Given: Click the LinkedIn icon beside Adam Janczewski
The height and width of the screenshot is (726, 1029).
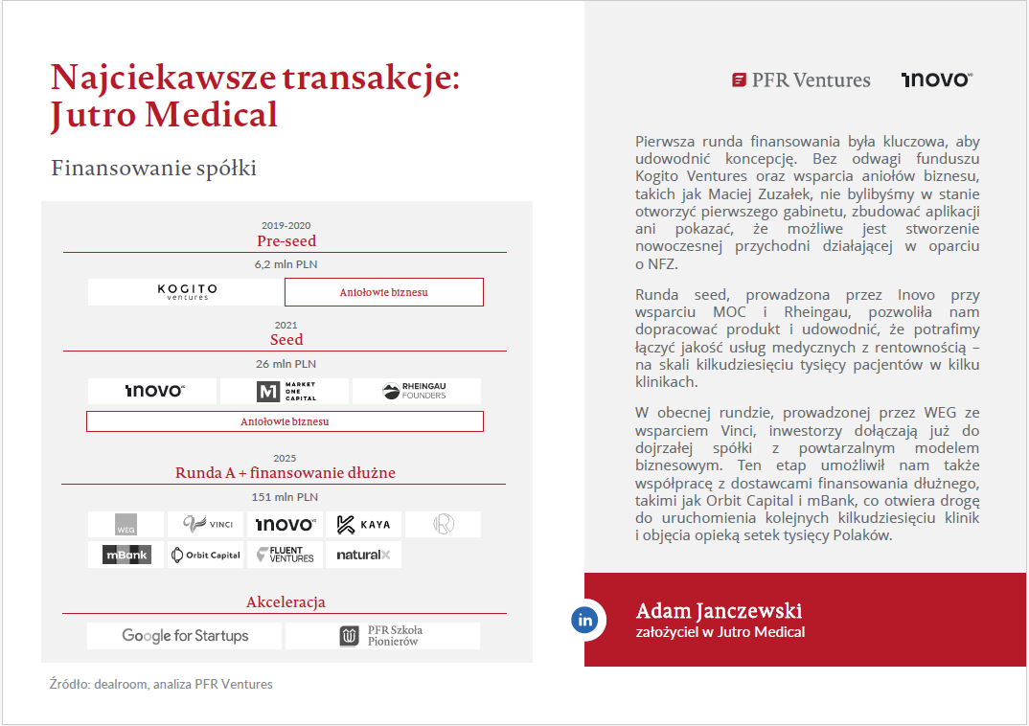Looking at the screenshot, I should pyautogui.click(x=585, y=620).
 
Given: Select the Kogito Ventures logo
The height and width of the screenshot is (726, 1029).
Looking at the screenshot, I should pyautogui.click(x=186, y=292).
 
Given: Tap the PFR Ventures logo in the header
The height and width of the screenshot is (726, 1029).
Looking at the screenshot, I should pyautogui.click(x=801, y=80).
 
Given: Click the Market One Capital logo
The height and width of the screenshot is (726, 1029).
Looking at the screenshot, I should pyautogui.click(x=286, y=391).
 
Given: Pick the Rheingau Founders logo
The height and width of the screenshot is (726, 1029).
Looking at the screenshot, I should pyautogui.click(x=416, y=391).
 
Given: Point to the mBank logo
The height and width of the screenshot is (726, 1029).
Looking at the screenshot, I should pyautogui.click(x=126, y=555).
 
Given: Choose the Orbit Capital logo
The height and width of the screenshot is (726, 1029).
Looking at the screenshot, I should pyautogui.click(x=205, y=555).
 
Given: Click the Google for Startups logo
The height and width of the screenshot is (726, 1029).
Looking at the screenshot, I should pyautogui.click(x=185, y=636).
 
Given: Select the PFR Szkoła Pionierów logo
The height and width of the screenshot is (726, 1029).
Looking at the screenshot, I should pyautogui.click(x=382, y=636).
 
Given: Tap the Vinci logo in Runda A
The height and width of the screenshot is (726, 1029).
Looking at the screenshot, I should pyautogui.click(x=206, y=524).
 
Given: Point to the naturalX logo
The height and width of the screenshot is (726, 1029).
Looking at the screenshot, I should pyautogui.click(x=363, y=555).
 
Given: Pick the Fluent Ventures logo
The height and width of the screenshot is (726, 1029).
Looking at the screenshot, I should pyautogui.click(x=286, y=555).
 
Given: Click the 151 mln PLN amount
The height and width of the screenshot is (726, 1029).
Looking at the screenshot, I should pyautogui.click(x=285, y=497).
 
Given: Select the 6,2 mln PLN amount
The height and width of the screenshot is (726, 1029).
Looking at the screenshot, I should pyautogui.click(x=285, y=264).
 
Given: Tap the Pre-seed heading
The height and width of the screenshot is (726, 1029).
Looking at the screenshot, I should pyautogui.click(x=286, y=241).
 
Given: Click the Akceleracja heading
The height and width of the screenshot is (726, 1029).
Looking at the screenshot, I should pyautogui.click(x=286, y=602).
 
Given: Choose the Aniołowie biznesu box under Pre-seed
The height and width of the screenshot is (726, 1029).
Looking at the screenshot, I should pyautogui.click(x=383, y=292).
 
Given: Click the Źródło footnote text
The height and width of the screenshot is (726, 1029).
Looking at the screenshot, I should pyautogui.click(x=161, y=684).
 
